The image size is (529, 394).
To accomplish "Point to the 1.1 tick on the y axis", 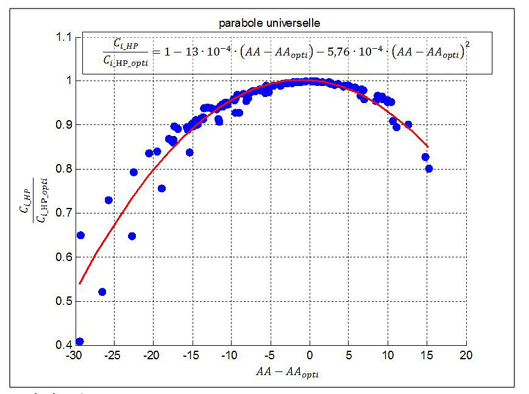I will point(63,37).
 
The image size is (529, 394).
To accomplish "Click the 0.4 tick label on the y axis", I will point(63,345).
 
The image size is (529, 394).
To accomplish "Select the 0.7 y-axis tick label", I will point(63,213).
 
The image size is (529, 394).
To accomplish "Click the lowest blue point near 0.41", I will point(80,342).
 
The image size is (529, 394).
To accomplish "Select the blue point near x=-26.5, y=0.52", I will point(102,292).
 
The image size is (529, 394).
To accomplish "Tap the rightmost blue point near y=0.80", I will point(429,168).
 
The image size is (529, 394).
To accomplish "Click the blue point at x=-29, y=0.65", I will point(80,235).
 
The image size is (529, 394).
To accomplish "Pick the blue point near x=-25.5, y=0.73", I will point(108,200).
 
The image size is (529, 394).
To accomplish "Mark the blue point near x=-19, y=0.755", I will point(162,188).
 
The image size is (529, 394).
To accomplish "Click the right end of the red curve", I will point(428,146).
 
